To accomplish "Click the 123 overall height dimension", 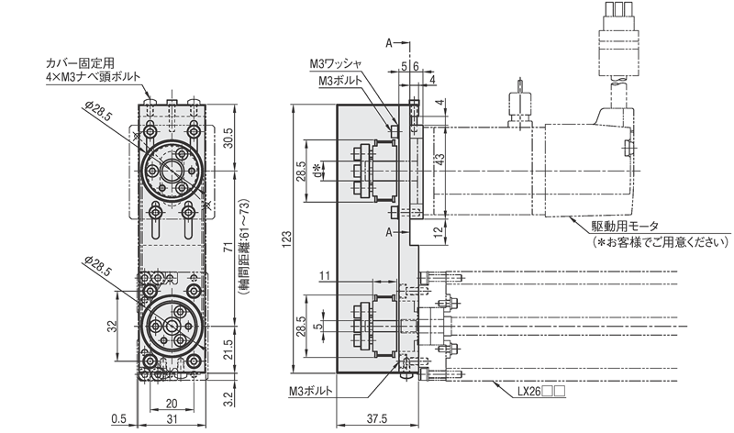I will click(x=286, y=240).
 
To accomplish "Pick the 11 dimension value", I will click(x=324, y=275).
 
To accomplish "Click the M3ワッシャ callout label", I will click(x=339, y=64).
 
